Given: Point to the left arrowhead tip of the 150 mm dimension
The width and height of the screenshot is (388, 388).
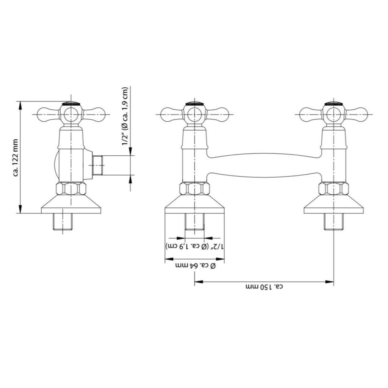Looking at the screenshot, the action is coord(194,282).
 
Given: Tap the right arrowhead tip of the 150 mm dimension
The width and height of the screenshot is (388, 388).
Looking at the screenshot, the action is coord(333,282).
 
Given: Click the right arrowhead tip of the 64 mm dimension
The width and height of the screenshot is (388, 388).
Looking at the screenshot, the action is coord(224,259).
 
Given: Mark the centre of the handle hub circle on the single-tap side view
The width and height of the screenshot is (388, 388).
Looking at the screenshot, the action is coord(71,114).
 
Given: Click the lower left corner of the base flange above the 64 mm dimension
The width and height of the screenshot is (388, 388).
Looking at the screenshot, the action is coord(165,213).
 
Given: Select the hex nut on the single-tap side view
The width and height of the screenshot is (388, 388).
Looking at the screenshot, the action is coord(71,189).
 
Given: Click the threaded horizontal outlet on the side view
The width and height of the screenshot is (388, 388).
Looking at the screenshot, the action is coord(97,165).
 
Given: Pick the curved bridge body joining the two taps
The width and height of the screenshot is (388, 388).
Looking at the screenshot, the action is coord(264,165).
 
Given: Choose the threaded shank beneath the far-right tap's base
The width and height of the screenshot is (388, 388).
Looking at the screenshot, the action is coord(333,222).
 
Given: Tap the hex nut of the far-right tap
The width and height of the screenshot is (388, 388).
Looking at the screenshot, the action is coord(333,189).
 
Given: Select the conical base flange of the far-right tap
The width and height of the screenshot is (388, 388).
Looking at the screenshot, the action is coord(333,204).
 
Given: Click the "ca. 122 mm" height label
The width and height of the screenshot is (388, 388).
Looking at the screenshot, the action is coord(16,158).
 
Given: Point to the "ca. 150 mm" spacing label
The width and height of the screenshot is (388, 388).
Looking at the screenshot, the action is coord(264,287).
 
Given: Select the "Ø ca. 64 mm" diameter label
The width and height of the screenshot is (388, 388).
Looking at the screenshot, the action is coord(196,266).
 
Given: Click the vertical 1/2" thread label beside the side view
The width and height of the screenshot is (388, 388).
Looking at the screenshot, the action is coord(125,116).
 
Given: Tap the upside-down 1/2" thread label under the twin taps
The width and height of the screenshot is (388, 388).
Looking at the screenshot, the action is coord(195,247).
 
